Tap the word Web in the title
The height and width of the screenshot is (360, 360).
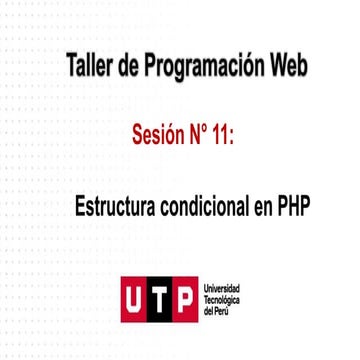(287, 68)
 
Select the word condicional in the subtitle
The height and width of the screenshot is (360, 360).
(204, 206)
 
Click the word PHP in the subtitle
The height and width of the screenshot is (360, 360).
(293, 206)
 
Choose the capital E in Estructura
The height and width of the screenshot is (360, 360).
(81, 206)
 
